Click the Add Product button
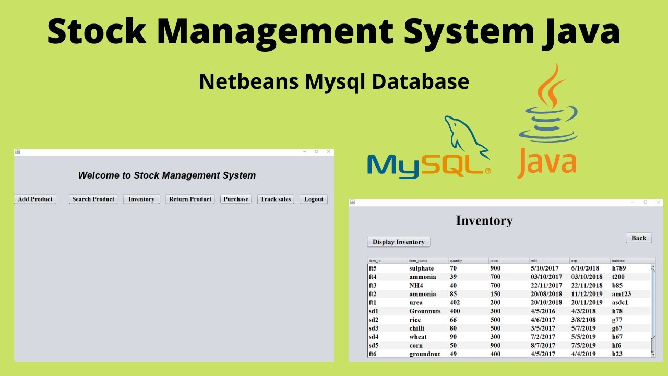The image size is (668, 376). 35,199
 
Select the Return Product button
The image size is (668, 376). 190,199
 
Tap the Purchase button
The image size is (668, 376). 236,199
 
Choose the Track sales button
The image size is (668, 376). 276,199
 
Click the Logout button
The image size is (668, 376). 314,199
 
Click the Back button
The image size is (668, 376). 639,238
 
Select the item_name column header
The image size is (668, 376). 419,260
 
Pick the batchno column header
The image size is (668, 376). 618,260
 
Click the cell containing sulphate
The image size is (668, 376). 421,268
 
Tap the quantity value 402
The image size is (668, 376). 455,303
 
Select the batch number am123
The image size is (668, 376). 621,294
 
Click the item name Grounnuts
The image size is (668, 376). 425,311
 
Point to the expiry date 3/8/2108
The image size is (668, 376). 583,320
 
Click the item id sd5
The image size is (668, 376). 373,345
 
